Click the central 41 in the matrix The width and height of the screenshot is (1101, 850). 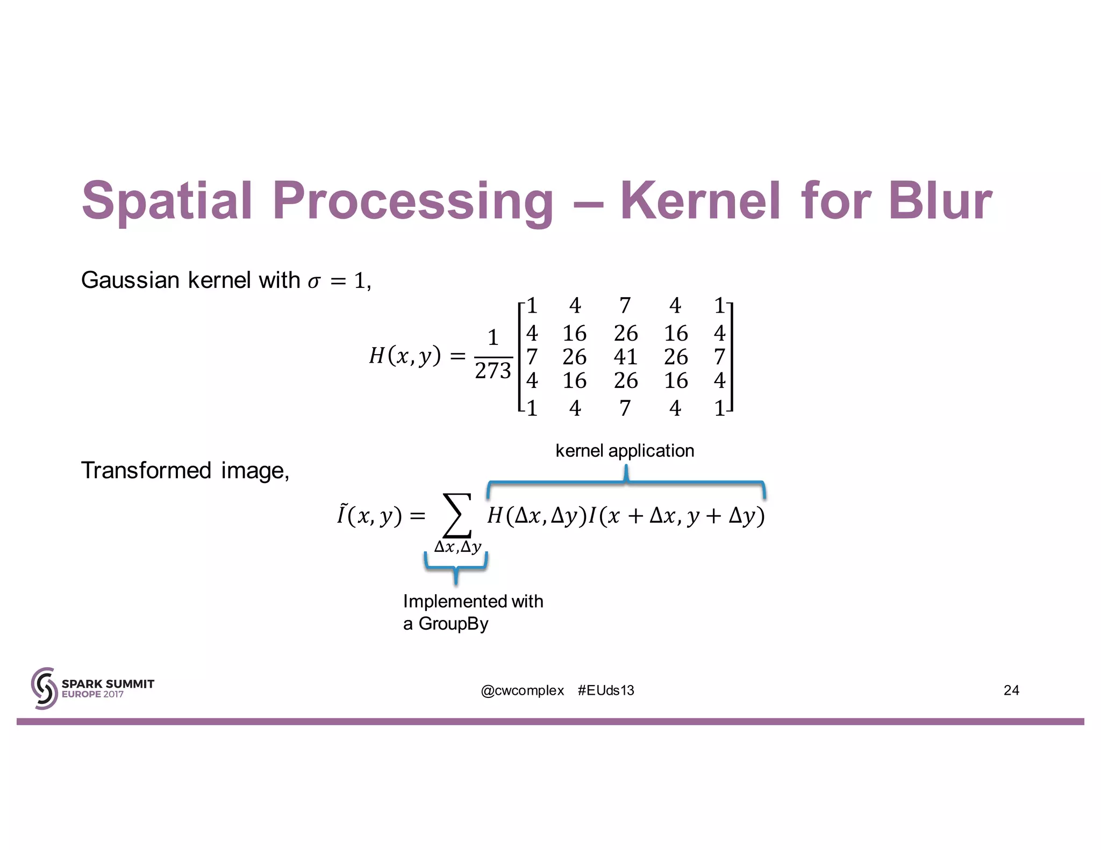[x=625, y=357]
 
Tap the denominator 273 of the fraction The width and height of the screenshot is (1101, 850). [x=492, y=371]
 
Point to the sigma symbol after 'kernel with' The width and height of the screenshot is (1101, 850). [x=314, y=282]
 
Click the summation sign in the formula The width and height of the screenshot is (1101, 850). [x=456, y=516]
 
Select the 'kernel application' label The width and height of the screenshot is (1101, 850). [x=624, y=450]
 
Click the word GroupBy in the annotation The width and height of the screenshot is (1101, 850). [x=453, y=624]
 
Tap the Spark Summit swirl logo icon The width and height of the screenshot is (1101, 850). [x=44, y=688]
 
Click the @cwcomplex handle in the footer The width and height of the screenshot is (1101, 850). [x=522, y=690]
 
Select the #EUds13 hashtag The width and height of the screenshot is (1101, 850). [x=606, y=690]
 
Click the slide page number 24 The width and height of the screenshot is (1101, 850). [x=1011, y=690]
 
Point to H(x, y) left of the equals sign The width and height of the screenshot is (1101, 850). [x=404, y=356]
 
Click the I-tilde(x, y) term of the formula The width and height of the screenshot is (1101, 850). [x=369, y=516]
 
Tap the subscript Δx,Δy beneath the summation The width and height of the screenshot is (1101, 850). [x=457, y=547]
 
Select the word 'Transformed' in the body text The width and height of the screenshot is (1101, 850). [x=146, y=471]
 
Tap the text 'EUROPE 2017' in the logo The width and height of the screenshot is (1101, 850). [x=92, y=694]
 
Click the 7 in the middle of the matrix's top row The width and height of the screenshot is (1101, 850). [x=625, y=306]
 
